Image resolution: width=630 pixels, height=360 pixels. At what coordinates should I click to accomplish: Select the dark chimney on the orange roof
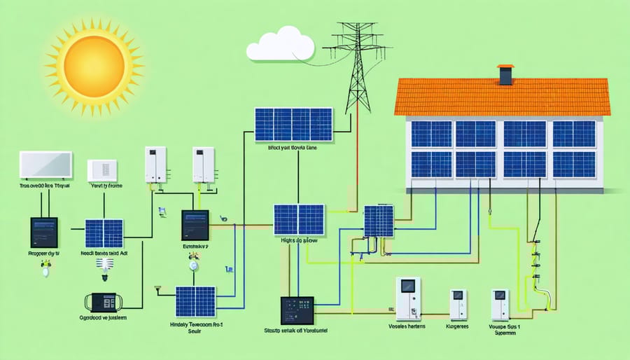point(505,74)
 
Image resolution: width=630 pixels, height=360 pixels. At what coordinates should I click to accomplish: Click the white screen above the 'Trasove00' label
point(45,165)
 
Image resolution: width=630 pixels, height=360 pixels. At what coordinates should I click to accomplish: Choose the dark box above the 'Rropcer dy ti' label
point(43,232)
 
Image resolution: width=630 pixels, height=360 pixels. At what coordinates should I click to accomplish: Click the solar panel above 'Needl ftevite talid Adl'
point(104,233)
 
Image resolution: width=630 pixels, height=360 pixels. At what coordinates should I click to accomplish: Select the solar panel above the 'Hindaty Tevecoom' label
point(195,301)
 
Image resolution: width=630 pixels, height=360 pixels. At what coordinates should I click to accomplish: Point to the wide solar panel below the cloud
point(292,125)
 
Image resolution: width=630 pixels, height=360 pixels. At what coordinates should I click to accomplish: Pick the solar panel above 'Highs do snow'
point(299,219)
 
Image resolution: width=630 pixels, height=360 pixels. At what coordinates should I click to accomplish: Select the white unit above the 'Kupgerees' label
point(458,305)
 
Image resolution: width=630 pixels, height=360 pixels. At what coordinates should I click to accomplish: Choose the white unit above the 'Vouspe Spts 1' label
point(500,305)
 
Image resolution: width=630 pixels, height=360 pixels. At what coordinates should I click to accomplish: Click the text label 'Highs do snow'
point(299,240)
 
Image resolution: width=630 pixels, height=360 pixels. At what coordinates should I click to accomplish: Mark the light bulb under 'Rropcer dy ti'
point(45,268)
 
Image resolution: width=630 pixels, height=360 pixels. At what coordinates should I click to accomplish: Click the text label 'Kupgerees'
point(458,326)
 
